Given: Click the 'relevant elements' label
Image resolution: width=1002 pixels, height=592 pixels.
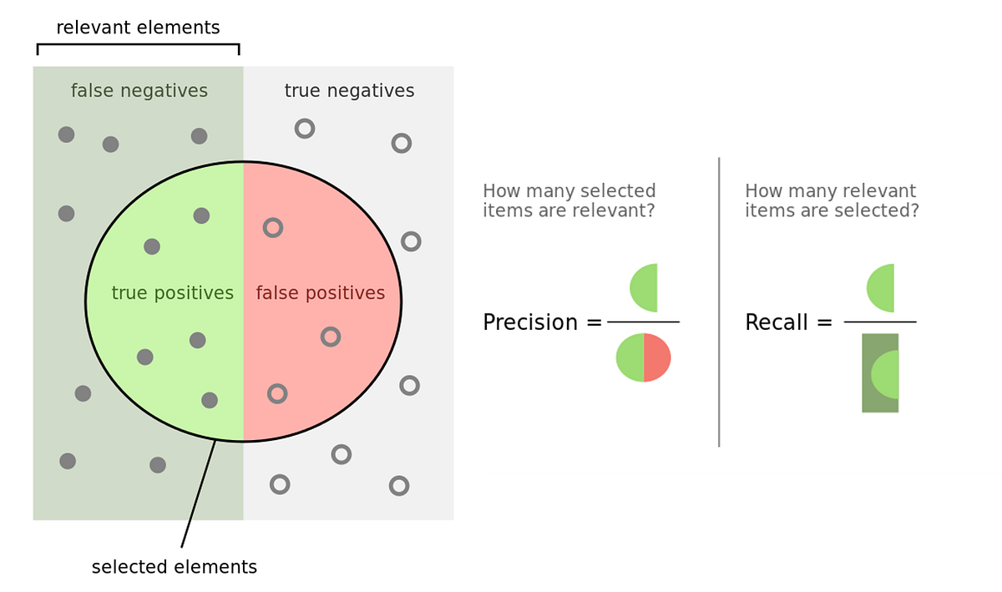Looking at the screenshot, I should coord(138,28).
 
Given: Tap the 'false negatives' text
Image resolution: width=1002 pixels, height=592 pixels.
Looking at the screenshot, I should coord(139,90).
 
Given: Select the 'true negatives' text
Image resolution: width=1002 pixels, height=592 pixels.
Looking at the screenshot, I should coord(349,90).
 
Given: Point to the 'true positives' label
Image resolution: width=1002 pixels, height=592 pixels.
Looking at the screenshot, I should coord(172,293).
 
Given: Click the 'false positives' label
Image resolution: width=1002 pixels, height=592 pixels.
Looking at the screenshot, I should coord(320,293).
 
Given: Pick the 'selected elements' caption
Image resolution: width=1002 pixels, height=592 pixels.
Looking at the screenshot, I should coord(174,567).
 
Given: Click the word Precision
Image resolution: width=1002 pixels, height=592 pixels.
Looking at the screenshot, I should coord(530,322).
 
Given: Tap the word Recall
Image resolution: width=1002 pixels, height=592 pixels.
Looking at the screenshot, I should coord(777,322).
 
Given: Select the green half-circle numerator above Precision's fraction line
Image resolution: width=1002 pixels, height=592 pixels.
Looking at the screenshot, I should coord(645,287).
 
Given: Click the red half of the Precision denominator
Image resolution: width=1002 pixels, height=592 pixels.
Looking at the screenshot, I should coord(657,357).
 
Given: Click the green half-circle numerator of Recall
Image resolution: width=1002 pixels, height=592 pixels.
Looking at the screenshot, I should coord(883,287).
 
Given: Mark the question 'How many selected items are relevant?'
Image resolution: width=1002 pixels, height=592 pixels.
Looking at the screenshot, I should coord(569,200).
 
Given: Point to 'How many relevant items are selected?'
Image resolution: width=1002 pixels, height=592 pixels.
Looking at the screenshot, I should coord(832,200).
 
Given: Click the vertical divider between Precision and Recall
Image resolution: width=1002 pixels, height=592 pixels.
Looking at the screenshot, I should coord(719,301).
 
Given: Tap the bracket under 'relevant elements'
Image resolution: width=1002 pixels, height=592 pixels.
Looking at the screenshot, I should coord(138,45).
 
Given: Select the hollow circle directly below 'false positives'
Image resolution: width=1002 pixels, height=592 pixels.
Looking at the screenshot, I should coord(331,336).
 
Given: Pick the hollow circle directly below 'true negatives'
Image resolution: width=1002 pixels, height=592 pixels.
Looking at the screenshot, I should coord(305,129).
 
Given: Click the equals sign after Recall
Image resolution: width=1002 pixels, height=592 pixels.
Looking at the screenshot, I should coord(824,322).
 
